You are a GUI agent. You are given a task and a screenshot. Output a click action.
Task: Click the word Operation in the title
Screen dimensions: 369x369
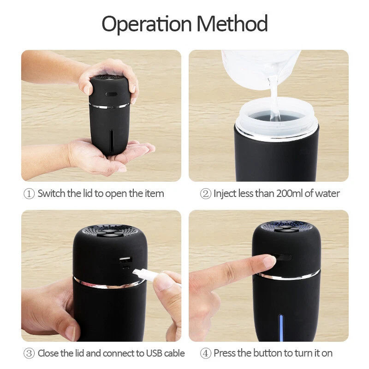click(147, 24)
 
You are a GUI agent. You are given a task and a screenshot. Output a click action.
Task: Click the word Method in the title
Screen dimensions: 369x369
click(232, 23)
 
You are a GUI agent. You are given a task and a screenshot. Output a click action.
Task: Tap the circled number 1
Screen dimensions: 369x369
click(29, 194)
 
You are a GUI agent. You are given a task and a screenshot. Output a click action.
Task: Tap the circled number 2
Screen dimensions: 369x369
click(205, 194)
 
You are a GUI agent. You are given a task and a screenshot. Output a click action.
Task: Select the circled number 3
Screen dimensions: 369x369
click(29, 353)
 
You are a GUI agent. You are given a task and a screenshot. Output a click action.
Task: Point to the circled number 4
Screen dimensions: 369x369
click(205, 353)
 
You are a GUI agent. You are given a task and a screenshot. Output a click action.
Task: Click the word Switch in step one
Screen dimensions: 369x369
click(51, 193)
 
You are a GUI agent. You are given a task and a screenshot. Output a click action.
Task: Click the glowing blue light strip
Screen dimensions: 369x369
click(280, 327)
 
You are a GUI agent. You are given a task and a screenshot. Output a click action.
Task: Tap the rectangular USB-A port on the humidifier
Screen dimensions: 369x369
click(125, 260)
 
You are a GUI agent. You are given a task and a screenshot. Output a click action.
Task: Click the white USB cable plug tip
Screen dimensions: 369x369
click(136, 272)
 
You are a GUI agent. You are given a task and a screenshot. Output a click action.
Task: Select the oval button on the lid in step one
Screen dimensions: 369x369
click(111, 94)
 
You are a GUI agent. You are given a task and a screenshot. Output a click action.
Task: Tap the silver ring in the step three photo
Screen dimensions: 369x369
click(109, 284)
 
